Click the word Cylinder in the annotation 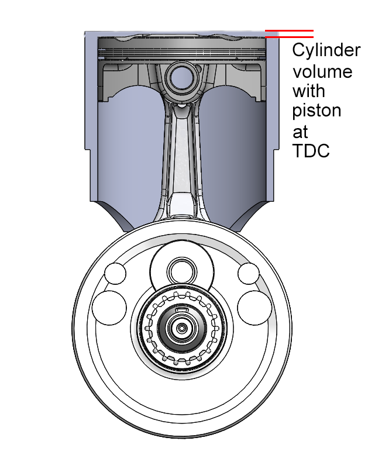326,51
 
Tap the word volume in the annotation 322,71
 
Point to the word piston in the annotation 316,111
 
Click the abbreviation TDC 311,150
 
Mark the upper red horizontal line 289,30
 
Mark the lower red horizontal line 289,37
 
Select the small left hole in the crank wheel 114,273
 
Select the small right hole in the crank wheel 249,273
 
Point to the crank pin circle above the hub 181,272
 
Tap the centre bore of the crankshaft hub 182,329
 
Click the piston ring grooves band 182,52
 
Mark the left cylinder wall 91,117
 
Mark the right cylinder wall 273,117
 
